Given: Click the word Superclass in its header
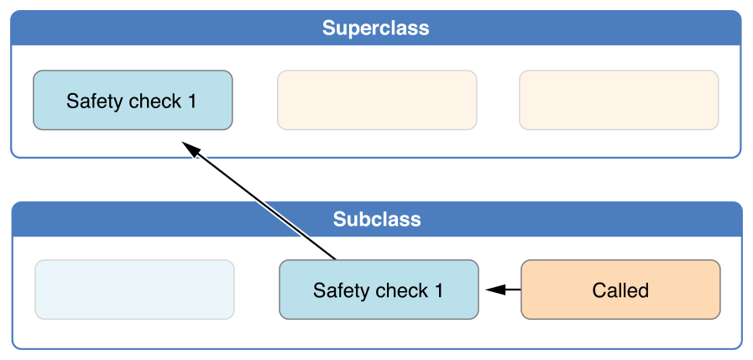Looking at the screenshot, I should pos(375,29).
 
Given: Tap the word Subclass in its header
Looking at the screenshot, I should pos(377,220).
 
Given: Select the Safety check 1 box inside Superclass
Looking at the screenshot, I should pos(133,100).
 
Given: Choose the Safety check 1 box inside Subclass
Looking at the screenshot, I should pos(379,290).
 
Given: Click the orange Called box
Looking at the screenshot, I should pos(620,290).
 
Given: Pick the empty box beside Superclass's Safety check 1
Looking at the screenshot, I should pos(377,100).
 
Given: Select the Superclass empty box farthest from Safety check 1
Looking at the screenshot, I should pos(619,100).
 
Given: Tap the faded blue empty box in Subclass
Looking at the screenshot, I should pos(134,290).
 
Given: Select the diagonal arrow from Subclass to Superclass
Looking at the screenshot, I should pos(260,201).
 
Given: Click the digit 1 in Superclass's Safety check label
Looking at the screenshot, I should pos(192,102).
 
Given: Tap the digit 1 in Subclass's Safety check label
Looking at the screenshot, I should pos(438,291).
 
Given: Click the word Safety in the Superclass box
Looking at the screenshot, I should pos(94,102).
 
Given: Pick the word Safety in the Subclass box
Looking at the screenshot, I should pos(340,291).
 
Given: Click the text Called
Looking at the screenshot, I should pos(620,290).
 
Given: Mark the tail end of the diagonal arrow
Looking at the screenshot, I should pos(335,258).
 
